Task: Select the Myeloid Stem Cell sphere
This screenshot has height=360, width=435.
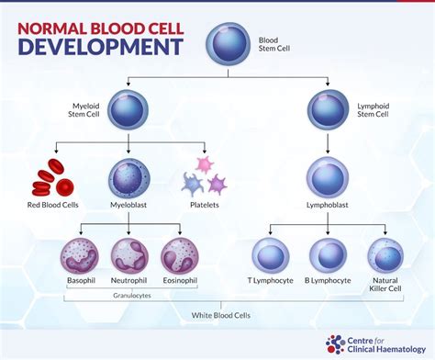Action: (128, 109)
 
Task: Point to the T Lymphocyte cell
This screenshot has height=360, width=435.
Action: (271, 254)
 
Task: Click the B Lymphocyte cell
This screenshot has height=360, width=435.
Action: (327, 254)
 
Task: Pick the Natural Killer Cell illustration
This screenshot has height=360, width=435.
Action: (385, 254)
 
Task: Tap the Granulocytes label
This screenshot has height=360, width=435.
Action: (128, 297)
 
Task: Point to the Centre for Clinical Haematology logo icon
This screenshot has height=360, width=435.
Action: (336, 344)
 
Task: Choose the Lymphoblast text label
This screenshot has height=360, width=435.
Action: (326, 207)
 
